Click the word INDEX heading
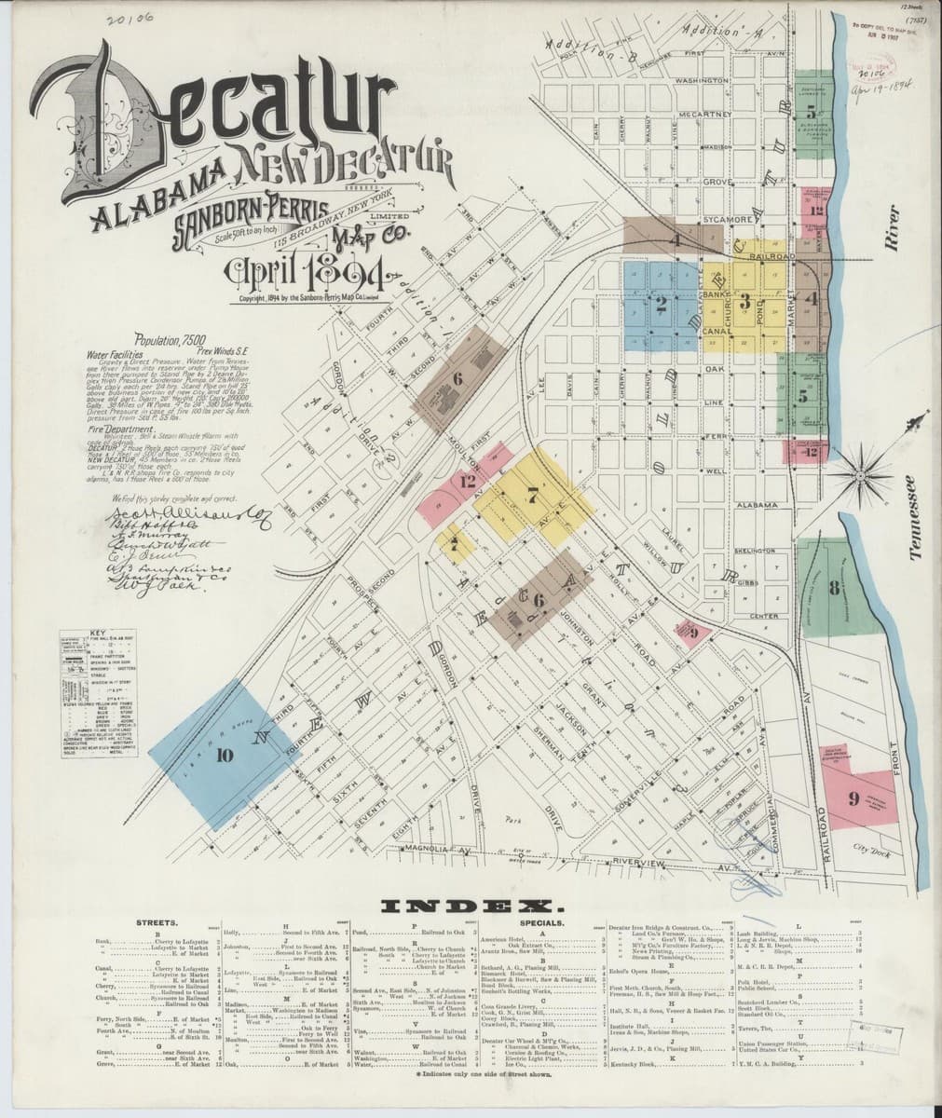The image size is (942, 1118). point(470,904)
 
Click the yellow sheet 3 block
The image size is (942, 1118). point(745,300)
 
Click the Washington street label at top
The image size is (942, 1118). point(700,81)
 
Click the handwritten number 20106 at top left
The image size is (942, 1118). point(130,16)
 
